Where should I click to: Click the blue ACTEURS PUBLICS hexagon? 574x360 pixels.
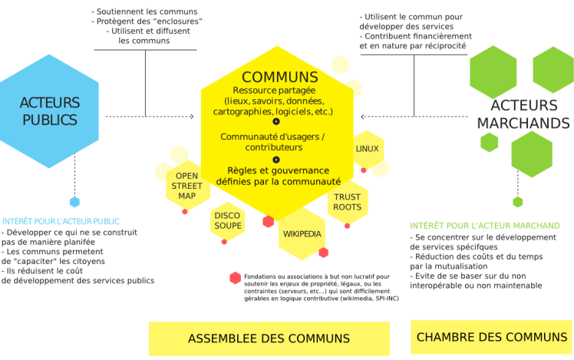(x=48, y=111)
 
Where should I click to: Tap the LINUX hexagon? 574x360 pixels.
(x=367, y=148)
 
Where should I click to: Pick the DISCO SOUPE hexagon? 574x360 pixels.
(x=227, y=220)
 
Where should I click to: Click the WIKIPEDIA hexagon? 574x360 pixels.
(x=302, y=233)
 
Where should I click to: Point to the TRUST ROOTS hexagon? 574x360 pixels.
(x=347, y=202)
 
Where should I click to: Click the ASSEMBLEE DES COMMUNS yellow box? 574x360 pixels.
(x=269, y=338)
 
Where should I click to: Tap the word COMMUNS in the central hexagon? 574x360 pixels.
(x=279, y=77)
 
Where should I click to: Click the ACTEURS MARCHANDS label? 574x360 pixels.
(x=523, y=114)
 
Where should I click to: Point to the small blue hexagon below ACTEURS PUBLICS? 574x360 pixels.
(x=74, y=202)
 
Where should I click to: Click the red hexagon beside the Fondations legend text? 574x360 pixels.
(x=235, y=278)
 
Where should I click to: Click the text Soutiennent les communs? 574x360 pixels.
(x=144, y=12)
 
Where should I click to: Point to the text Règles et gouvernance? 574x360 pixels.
(x=278, y=170)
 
